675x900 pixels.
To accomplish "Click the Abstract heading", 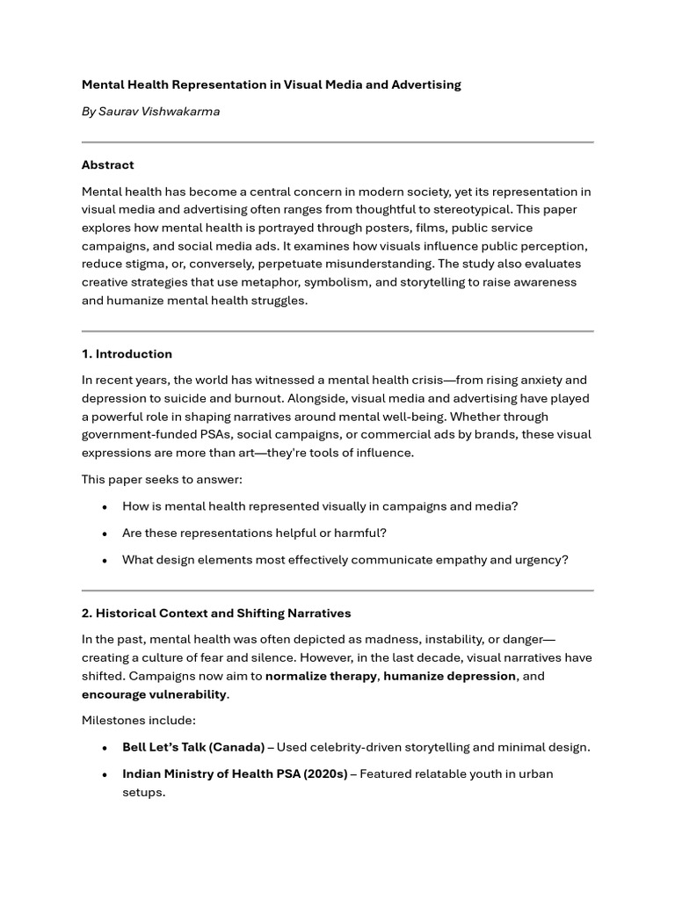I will click(108, 164).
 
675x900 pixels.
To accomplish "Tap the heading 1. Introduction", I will click(127, 354).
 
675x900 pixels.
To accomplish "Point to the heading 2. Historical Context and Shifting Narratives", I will click(216, 613).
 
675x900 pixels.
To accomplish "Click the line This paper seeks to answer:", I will click(162, 479).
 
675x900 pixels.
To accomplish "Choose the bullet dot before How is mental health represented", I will click(105, 507).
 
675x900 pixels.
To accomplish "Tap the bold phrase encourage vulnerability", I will click(155, 694).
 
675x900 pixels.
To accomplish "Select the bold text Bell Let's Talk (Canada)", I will click(193, 747).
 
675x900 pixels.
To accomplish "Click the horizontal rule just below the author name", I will click(337, 142).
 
